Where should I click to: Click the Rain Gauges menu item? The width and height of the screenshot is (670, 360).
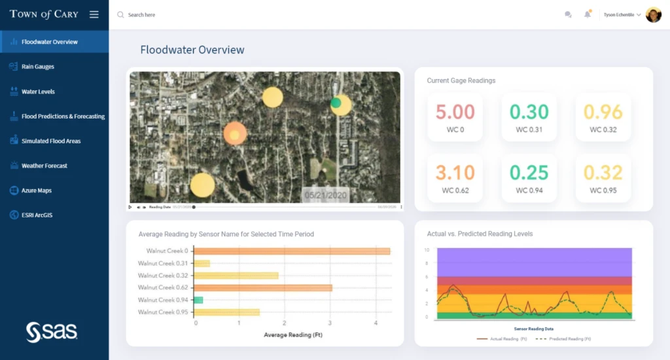pyautogui.click(x=37, y=67)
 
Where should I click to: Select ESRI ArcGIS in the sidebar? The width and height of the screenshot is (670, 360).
pyautogui.click(x=37, y=215)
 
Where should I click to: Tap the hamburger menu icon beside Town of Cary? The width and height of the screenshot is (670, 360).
pyautogui.click(x=94, y=14)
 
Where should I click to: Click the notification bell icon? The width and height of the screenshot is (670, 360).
pyautogui.click(x=587, y=14)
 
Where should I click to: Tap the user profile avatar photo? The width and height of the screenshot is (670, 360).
pyautogui.click(x=653, y=14)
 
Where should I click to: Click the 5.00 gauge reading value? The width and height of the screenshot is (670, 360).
pyautogui.click(x=455, y=112)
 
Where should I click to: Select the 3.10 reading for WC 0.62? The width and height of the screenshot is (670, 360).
pyautogui.click(x=455, y=173)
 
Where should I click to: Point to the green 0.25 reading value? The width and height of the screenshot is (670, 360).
pyautogui.click(x=529, y=173)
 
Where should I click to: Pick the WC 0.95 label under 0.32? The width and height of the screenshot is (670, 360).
pyautogui.click(x=603, y=190)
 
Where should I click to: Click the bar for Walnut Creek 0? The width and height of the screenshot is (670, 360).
pyautogui.click(x=292, y=251)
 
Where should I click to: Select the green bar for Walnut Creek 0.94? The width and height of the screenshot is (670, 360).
pyautogui.click(x=199, y=300)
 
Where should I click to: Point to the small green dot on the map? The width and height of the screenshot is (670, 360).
pyautogui.click(x=336, y=103)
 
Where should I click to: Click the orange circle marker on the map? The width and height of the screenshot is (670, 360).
pyautogui.click(x=235, y=134)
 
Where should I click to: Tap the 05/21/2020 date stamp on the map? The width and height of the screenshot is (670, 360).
pyautogui.click(x=325, y=195)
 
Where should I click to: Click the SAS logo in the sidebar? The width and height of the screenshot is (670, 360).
pyautogui.click(x=52, y=332)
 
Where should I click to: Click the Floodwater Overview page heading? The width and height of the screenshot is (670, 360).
pyautogui.click(x=192, y=50)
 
